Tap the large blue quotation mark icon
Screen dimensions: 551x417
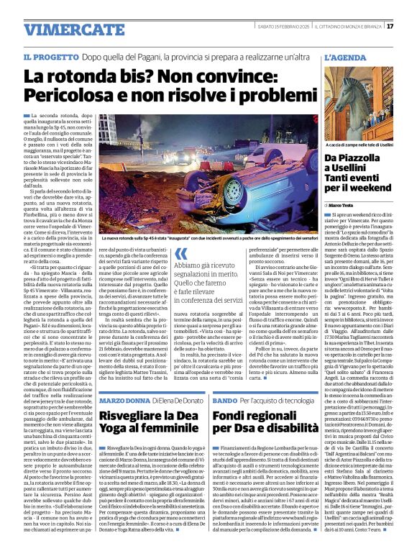pyautogui.click(x=182, y=251)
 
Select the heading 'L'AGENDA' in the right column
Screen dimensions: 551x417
pyautogui.click(x=345, y=57)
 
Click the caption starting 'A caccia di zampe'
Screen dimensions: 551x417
pyautogui.click(x=357, y=143)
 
